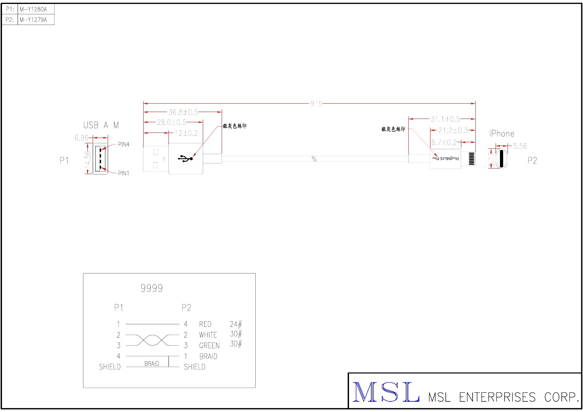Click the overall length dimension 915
[x=316, y=104]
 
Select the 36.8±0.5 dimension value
[x=183, y=112]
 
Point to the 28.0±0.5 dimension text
[x=172, y=122]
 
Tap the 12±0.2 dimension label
[x=186, y=133]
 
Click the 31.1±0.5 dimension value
[x=445, y=119]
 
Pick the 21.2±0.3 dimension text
[x=453, y=130]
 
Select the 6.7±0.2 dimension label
[x=444, y=143]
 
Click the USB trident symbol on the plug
[x=185, y=158]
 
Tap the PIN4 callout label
[x=124, y=145]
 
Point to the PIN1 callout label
[x=124, y=173]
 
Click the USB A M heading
[x=101, y=125]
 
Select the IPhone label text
[x=502, y=134]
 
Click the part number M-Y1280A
[x=33, y=9]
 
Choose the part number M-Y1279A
[x=33, y=20]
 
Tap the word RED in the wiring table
[x=205, y=324]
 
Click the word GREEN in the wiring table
[x=209, y=346]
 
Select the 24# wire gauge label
[x=236, y=324]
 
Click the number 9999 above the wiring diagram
[x=152, y=288]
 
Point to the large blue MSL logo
[x=386, y=393]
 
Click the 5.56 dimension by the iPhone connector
[x=520, y=146]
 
